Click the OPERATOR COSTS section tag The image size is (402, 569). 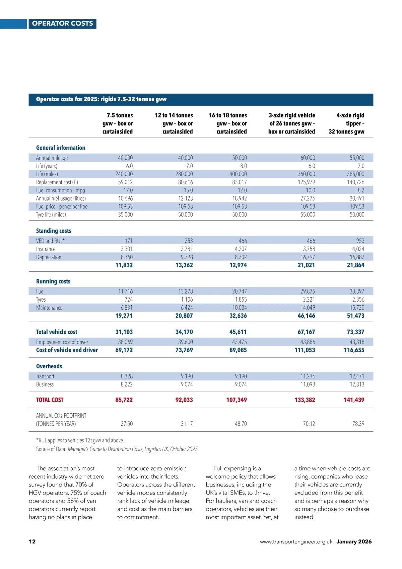[x=62, y=23]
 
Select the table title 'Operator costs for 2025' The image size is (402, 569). [x=101, y=99]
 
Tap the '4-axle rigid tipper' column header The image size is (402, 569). [x=347, y=123]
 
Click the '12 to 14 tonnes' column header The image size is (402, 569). [x=174, y=123]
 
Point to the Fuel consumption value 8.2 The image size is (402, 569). [x=360, y=190]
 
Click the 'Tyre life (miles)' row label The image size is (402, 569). [x=51, y=215]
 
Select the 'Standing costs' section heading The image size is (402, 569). [x=54, y=231]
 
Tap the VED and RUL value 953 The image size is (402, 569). [x=360, y=241]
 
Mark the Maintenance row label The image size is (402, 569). [x=49, y=308]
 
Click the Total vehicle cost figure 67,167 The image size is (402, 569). [x=306, y=332]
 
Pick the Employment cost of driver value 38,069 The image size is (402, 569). [x=125, y=342]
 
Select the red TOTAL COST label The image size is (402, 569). [x=50, y=400]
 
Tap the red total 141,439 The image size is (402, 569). [x=354, y=400]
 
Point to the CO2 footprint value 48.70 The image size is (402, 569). [x=241, y=424]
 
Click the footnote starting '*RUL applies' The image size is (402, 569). [x=80, y=440]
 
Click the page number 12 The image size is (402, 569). [x=32, y=541]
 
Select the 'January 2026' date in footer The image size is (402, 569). [x=354, y=541]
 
